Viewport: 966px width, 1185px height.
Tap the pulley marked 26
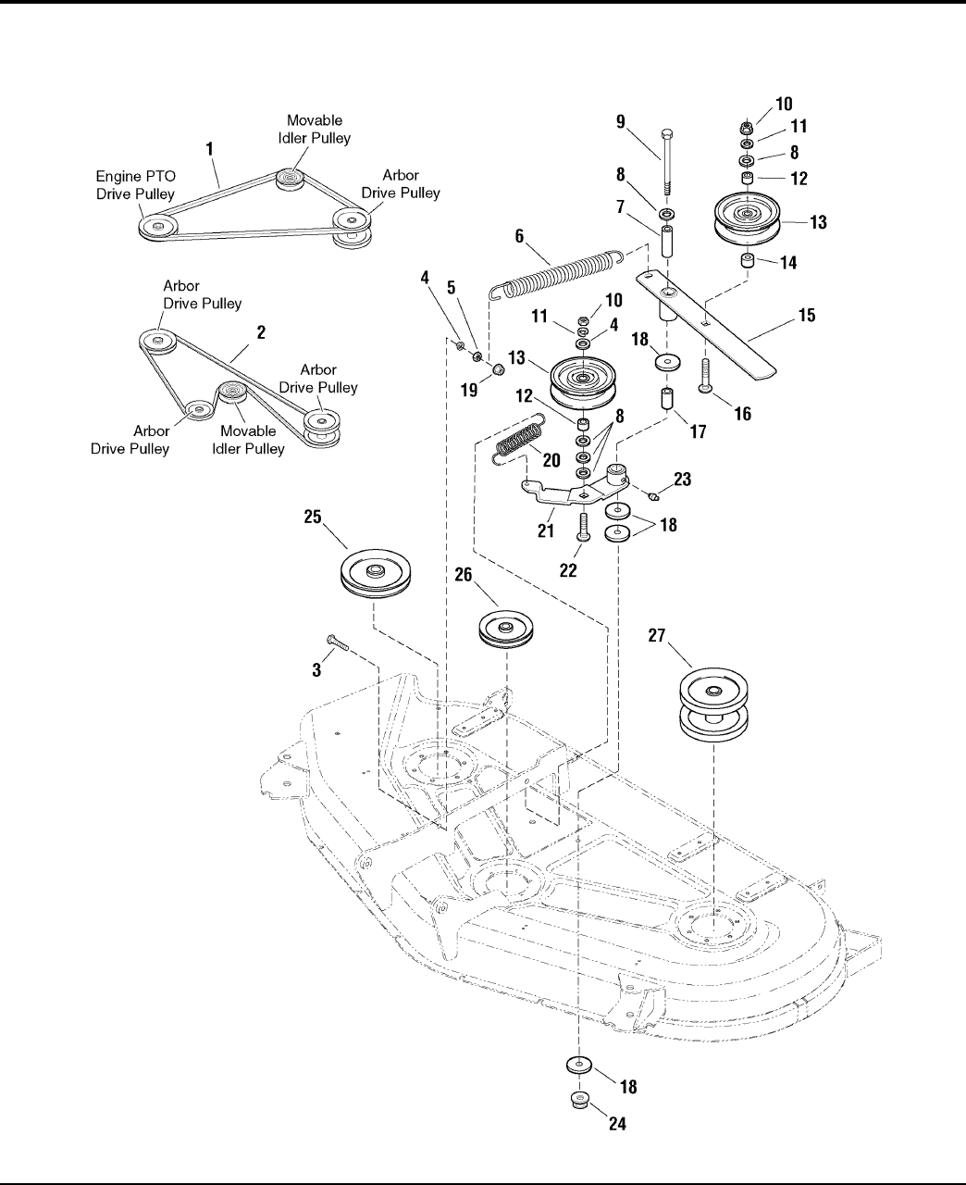pos(506,630)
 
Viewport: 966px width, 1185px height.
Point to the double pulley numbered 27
pos(713,705)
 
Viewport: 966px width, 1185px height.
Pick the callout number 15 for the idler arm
pos(806,317)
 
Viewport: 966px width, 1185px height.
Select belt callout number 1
pos(210,147)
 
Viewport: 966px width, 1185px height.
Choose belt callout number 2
pos(262,332)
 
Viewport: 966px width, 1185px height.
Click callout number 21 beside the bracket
pos(545,530)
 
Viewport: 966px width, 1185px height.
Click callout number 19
pos(469,390)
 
